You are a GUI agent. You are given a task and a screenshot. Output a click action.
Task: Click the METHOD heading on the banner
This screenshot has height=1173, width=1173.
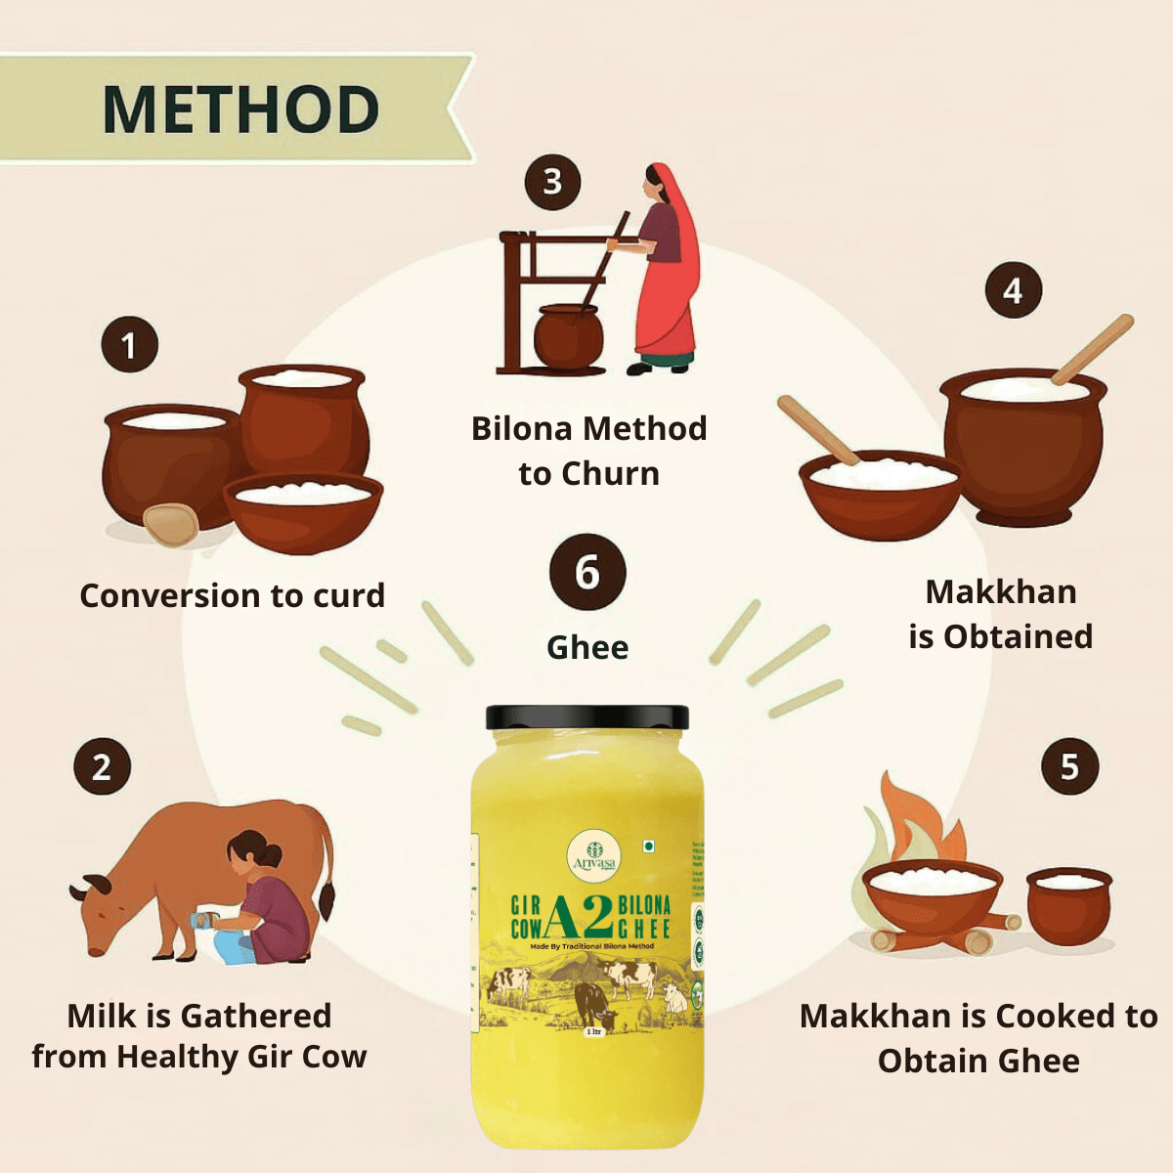tap(240, 109)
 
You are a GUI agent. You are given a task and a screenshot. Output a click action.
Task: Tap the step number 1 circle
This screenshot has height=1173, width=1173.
tap(129, 345)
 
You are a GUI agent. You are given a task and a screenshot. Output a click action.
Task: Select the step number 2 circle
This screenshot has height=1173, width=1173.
tap(102, 767)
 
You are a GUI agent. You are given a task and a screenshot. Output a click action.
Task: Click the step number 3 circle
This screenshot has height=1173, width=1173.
tap(552, 182)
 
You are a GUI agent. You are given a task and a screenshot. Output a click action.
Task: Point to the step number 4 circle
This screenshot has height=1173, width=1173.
tap(1013, 290)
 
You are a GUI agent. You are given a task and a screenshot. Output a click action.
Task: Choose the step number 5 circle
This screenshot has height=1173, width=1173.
tap(1069, 766)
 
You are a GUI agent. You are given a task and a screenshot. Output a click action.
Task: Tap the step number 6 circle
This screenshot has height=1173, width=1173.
tap(586, 573)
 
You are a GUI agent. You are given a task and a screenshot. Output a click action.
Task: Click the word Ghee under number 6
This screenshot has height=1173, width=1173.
tap(587, 647)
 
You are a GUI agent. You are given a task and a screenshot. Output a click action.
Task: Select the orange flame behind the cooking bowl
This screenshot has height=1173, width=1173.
tap(904, 821)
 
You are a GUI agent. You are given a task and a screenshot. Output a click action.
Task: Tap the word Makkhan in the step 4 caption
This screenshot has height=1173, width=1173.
tap(1001, 591)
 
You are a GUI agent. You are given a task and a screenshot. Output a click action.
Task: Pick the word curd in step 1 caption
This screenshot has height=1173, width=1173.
tap(348, 595)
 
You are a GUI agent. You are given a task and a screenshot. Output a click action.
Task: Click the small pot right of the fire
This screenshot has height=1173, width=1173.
tap(1068, 904)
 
